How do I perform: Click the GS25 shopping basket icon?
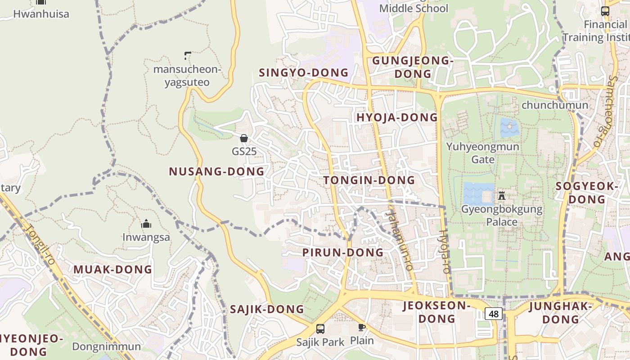pyautogui.click(x=244, y=138)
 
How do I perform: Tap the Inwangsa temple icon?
pyautogui.click(x=146, y=224)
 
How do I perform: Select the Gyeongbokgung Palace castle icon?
pyautogui.click(x=501, y=195)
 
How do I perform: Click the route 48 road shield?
pyautogui.click(x=494, y=314)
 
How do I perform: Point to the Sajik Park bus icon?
pyautogui.click(x=320, y=329)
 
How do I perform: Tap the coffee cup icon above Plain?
pyautogui.click(x=361, y=327)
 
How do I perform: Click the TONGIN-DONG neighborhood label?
pyautogui.click(x=369, y=180)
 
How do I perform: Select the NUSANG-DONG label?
pyautogui.click(x=216, y=171)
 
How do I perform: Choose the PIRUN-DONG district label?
pyautogui.click(x=343, y=252)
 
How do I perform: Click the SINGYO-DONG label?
pyautogui.click(x=304, y=72)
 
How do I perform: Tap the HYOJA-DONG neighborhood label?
pyautogui.click(x=397, y=117)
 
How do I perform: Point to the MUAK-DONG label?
pyautogui.click(x=112, y=270)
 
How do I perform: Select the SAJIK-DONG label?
pyautogui.click(x=267, y=310)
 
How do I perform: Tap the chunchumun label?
pyautogui.click(x=554, y=105)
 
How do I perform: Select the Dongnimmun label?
pyautogui.click(x=107, y=347)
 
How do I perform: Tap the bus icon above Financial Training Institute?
pyautogui.click(x=605, y=11)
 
